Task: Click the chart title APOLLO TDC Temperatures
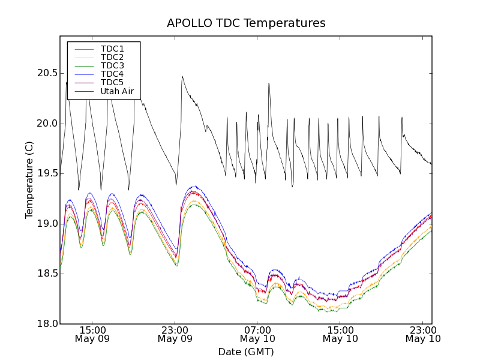pos(246,23)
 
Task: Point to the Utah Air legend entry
pos(116,92)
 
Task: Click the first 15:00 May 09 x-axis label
pos(92,334)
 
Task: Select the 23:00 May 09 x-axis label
pos(175,334)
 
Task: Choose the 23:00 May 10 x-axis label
pos(423,334)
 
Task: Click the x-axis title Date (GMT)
pos(246,352)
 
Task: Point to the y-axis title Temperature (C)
pos(29,180)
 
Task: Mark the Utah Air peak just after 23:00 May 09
pos(182,76)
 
